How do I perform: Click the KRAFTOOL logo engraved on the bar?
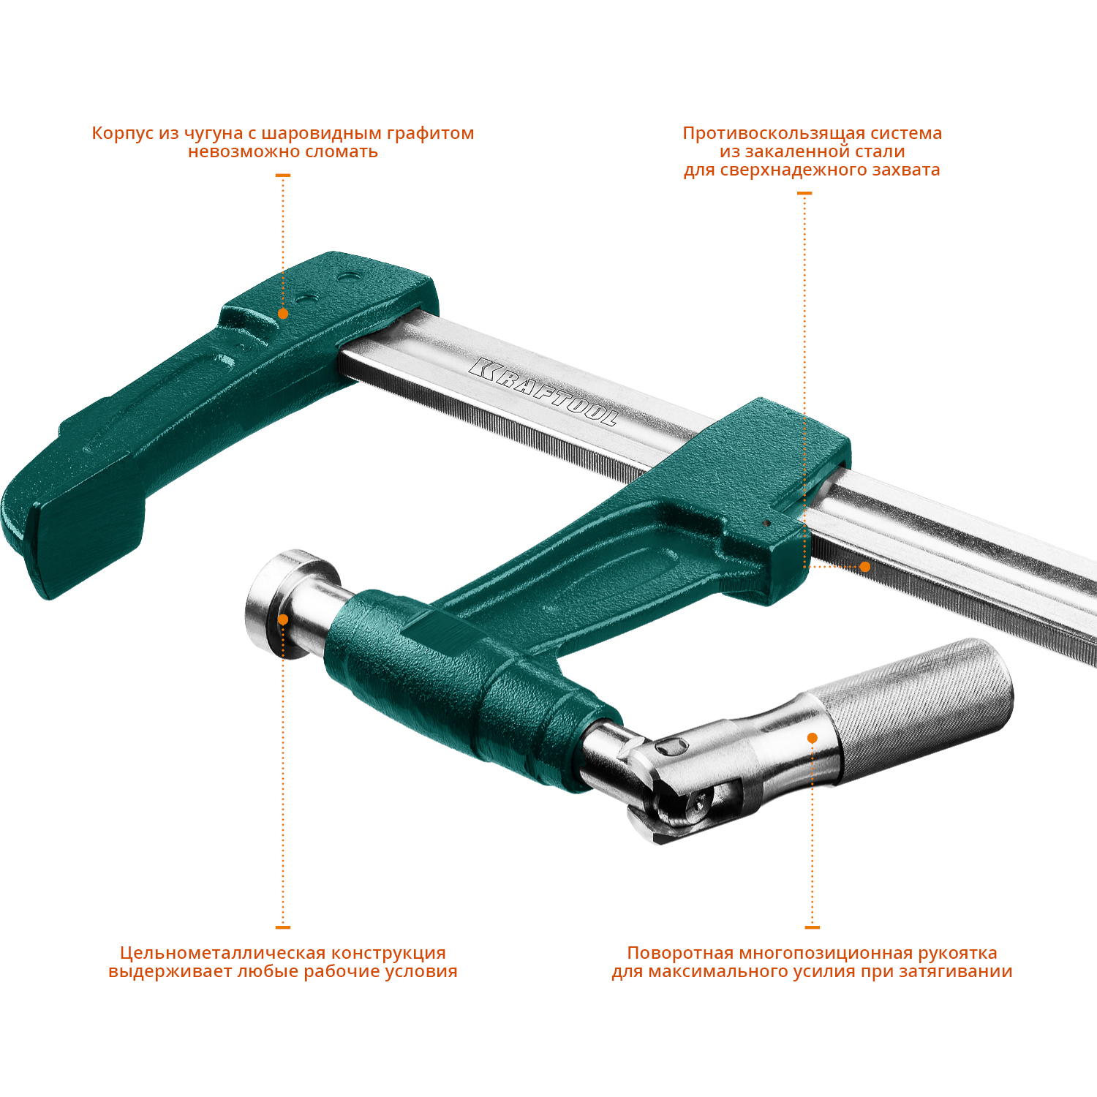pos(543,392)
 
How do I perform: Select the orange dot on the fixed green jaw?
pos(283,314)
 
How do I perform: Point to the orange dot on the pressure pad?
pos(283,619)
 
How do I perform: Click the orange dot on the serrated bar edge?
pos(864,567)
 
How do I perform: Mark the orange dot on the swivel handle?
pos(812,738)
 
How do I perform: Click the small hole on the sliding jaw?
pos(766,523)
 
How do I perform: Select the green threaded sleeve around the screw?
pos(468,687)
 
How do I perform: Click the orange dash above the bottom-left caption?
pos(283,927)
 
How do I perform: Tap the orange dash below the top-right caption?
pos(804,193)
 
